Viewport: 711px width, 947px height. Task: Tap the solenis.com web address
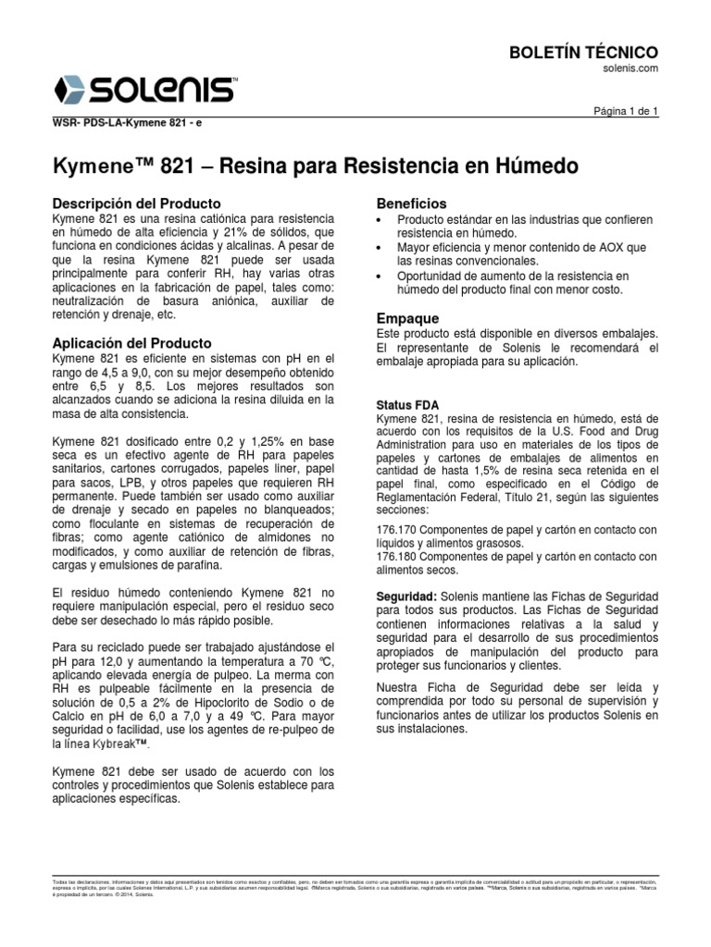(x=632, y=68)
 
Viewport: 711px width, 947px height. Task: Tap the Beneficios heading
(x=411, y=203)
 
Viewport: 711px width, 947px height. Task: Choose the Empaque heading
(x=407, y=317)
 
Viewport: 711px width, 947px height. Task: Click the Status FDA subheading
(x=408, y=406)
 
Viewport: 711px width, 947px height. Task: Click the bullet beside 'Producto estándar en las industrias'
(x=380, y=219)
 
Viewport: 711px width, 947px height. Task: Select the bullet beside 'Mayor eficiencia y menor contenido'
(x=380, y=249)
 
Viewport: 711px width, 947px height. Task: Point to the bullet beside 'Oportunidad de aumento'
(x=380, y=277)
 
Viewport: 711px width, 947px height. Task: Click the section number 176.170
(x=398, y=529)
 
